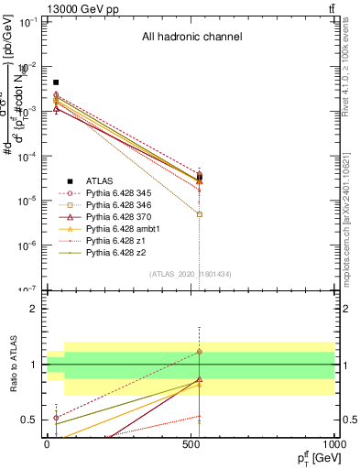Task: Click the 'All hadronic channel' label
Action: click(x=191, y=38)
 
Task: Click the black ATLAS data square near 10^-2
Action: click(x=56, y=82)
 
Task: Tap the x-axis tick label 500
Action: click(x=191, y=442)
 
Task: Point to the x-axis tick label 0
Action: click(x=47, y=442)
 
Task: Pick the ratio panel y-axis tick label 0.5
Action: click(x=30, y=420)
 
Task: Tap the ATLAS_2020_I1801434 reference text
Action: click(x=191, y=274)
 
